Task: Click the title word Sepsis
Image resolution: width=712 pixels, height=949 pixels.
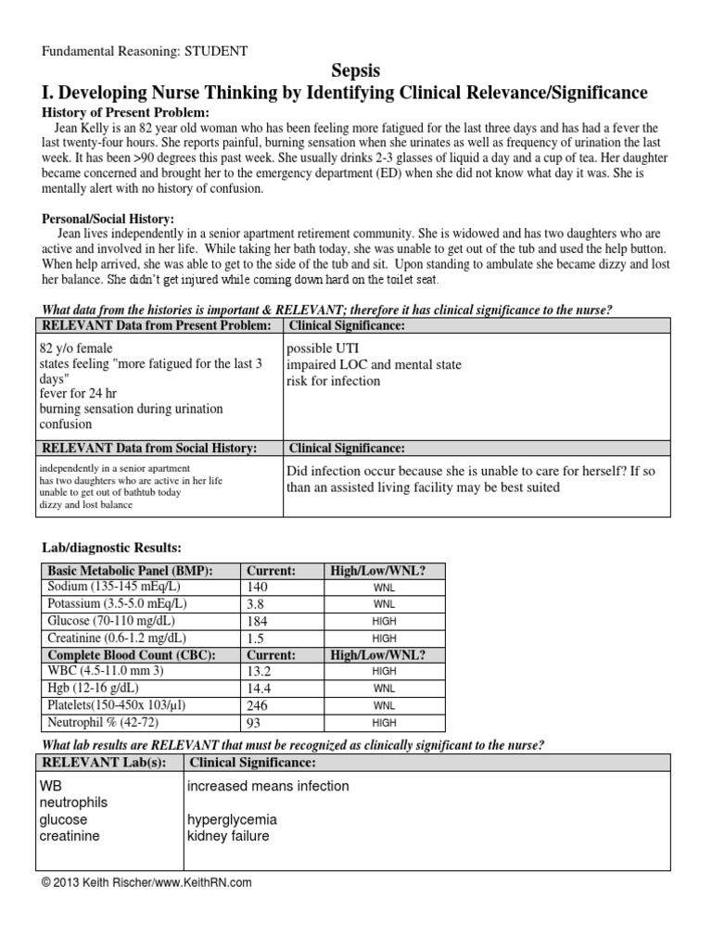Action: (x=355, y=71)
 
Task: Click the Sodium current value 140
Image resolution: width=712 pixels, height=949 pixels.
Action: (x=259, y=588)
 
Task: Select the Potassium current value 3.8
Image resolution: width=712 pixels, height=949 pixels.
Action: (x=256, y=604)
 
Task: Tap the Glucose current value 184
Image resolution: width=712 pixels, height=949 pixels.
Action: (x=259, y=621)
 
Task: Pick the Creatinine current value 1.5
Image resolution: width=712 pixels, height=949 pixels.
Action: (x=256, y=639)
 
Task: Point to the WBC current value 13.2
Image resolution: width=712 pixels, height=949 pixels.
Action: (x=259, y=672)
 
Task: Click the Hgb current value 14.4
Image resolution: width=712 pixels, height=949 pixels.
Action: (x=259, y=689)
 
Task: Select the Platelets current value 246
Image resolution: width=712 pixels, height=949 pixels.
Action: (x=259, y=705)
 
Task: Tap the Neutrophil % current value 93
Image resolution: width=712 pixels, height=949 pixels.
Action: (x=255, y=723)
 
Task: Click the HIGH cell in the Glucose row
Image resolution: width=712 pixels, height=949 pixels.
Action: (x=384, y=622)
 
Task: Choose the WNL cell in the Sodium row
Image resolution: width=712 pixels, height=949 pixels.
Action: (x=384, y=588)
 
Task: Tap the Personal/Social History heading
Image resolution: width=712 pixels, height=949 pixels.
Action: (x=109, y=218)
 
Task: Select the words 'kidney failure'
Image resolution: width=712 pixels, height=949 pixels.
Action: (x=228, y=836)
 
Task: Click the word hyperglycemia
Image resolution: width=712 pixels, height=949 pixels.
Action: (x=232, y=820)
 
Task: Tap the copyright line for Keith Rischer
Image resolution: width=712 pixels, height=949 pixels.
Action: (x=147, y=883)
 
